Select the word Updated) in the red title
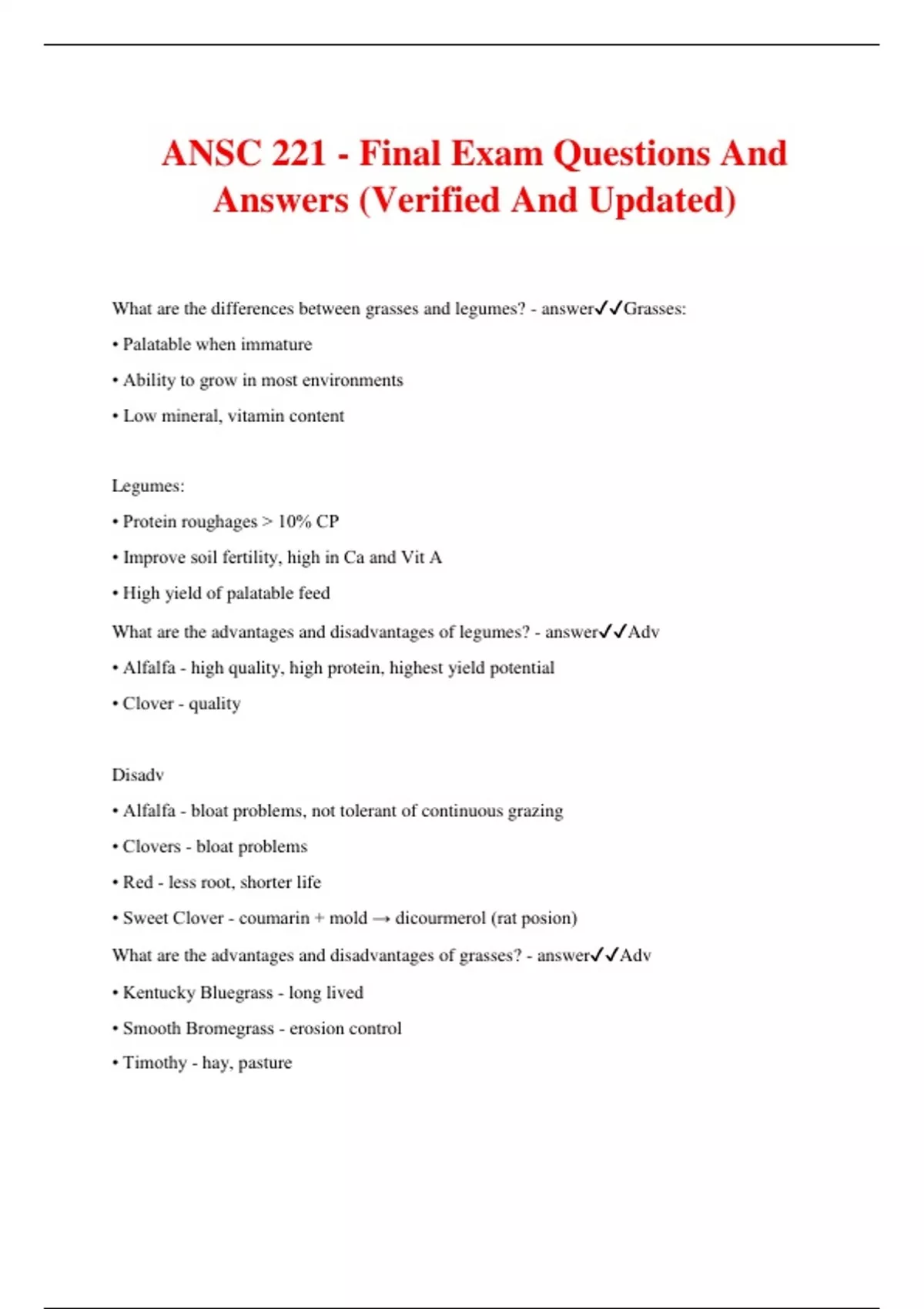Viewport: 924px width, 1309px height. [x=662, y=200]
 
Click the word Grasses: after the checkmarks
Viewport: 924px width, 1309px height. [x=654, y=309]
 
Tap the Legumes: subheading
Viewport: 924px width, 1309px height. [x=148, y=486]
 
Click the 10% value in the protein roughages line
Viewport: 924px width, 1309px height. [x=293, y=521]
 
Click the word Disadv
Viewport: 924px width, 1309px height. [x=138, y=775]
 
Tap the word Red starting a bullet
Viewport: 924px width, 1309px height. [x=138, y=882]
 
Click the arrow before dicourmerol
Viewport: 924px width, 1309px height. [x=380, y=919]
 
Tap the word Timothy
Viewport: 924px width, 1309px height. [x=155, y=1063]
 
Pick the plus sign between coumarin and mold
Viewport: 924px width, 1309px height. [x=320, y=918]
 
